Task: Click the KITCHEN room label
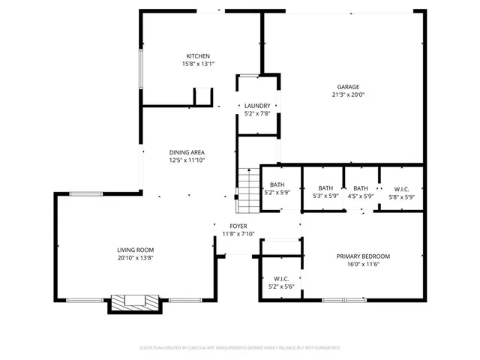coord(198,56)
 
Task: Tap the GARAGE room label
coord(347,86)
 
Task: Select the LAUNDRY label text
coord(257,106)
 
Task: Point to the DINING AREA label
coord(187,152)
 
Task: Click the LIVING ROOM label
coord(135,250)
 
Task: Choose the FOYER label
coord(238,226)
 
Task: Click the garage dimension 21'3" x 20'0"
coord(347,94)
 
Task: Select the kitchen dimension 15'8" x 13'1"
coord(198,64)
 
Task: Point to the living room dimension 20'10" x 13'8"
coord(135,258)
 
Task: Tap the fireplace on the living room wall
coord(135,302)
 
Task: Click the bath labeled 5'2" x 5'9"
coord(277,188)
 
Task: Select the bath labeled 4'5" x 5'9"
coord(361,192)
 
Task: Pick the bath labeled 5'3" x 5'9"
coord(325,192)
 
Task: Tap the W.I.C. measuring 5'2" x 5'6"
coord(281,282)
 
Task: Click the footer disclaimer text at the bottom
coord(240,348)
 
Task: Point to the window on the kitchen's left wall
coord(140,70)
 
